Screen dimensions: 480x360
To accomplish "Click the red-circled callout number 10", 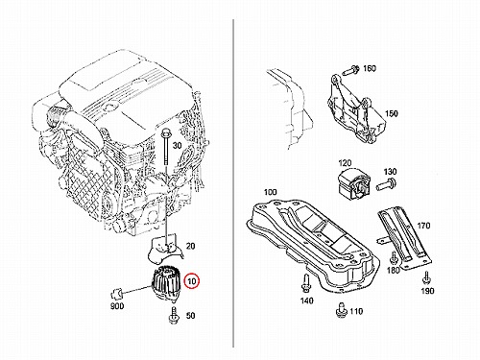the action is point(192,281).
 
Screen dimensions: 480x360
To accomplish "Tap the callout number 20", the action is point(191,246).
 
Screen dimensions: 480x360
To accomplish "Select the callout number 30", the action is point(178,146).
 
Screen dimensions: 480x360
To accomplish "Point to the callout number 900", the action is point(117,306).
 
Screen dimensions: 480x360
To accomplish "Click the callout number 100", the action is point(271,192).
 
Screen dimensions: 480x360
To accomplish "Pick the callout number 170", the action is point(423,226).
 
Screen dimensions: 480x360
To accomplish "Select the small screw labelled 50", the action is point(173,316).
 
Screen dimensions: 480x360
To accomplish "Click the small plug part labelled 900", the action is point(115,293).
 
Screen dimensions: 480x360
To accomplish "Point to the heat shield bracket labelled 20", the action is point(164,248).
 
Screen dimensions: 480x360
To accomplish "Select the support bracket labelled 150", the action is point(355,108).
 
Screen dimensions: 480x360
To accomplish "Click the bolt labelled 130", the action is point(386,184).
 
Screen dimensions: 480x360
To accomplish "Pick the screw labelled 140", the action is point(306,283).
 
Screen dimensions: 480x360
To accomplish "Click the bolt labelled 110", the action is point(341,309).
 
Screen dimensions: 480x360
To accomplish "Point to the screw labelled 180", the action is point(393,257).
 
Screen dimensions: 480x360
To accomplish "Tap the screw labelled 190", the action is point(426,278).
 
